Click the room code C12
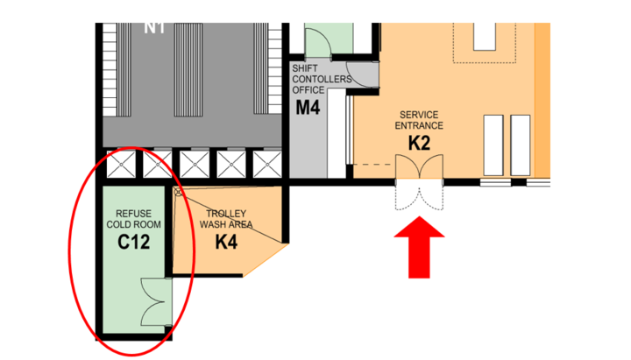coord(133,242)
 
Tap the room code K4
coord(226,242)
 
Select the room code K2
coord(419,143)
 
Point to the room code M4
coord(308,108)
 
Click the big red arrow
coord(419,247)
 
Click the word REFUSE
coord(133,214)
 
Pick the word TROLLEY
coord(226,214)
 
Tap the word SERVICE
coord(419,115)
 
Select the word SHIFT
coord(305,68)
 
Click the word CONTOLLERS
coord(322,79)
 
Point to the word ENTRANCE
coord(419,126)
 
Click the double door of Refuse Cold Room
coord(156,301)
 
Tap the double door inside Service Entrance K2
coord(419,166)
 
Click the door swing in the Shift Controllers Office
coord(362,74)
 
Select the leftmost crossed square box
coord(121,164)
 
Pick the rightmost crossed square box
coord(267,164)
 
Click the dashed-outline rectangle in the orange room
coord(485,43)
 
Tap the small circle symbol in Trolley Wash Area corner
coord(178,193)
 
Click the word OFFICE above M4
coord(308,90)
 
